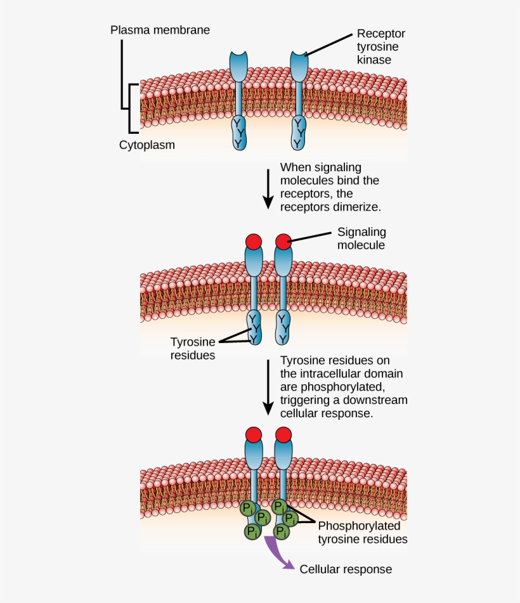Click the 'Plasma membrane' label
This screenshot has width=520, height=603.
(x=160, y=30)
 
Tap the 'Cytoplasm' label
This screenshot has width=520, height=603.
(x=147, y=145)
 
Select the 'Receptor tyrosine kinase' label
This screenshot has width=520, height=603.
(x=380, y=47)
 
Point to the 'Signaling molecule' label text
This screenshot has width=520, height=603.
(x=361, y=238)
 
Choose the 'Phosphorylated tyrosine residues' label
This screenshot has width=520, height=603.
(x=362, y=533)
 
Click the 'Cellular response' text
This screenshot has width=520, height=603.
(x=346, y=569)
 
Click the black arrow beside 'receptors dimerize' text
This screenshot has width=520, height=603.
(x=268, y=187)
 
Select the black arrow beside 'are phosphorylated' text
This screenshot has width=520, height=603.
(x=268, y=387)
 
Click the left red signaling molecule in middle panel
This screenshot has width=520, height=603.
(x=254, y=241)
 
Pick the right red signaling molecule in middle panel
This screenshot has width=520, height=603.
(x=283, y=241)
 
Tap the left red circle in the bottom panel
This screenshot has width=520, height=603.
(x=254, y=434)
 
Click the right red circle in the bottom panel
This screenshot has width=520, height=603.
(x=283, y=434)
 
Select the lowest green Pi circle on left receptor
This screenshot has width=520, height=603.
(x=252, y=531)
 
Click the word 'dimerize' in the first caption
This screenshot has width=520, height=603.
(x=360, y=207)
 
